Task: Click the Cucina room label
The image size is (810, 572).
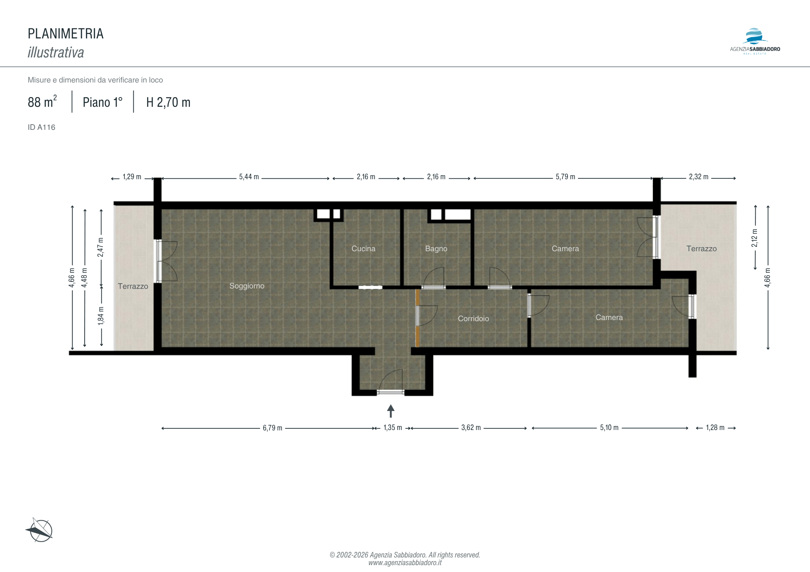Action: [x=363, y=249]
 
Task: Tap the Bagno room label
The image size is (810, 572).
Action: [x=436, y=249]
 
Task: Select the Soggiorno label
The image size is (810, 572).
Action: [x=247, y=286]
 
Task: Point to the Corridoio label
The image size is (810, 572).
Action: [x=473, y=319]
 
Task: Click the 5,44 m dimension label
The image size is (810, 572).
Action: [x=249, y=177]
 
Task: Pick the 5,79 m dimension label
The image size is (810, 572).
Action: [x=565, y=177]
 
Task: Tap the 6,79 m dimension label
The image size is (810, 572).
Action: [x=273, y=428]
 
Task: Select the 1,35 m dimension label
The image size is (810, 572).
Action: [x=393, y=428]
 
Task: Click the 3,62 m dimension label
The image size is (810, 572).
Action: [x=471, y=428]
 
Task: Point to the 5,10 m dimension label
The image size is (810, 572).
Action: [x=609, y=428]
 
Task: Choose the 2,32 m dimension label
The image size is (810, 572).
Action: [x=699, y=177]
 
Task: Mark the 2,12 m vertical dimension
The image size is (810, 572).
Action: [x=755, y=238]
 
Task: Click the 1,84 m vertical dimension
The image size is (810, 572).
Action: [x=101, y=316]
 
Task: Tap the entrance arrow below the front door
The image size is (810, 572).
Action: [x=391, y=411]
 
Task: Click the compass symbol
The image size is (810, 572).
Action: [x=40, y=530]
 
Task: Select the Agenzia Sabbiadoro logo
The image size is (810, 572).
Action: [x=755, y=41]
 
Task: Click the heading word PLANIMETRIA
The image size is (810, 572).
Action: [x=66, y=34]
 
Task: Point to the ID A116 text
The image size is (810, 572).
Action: [x=41, y=127]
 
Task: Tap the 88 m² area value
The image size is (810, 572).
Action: [x=42, y=102]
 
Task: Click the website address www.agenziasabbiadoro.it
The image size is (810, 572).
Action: [x=405, y=563]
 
